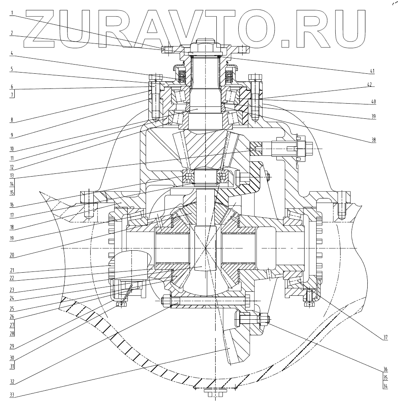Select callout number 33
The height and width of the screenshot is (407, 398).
click(x=12, y=395)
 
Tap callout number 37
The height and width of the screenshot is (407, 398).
click(x=385, y=338)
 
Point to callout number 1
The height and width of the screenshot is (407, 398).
click(x=12, y=12)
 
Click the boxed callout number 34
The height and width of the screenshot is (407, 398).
click(x=385, y=386)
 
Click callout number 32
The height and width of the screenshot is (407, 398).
click(x=12, y=381)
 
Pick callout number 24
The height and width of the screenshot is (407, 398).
click(x=12, y=297)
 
